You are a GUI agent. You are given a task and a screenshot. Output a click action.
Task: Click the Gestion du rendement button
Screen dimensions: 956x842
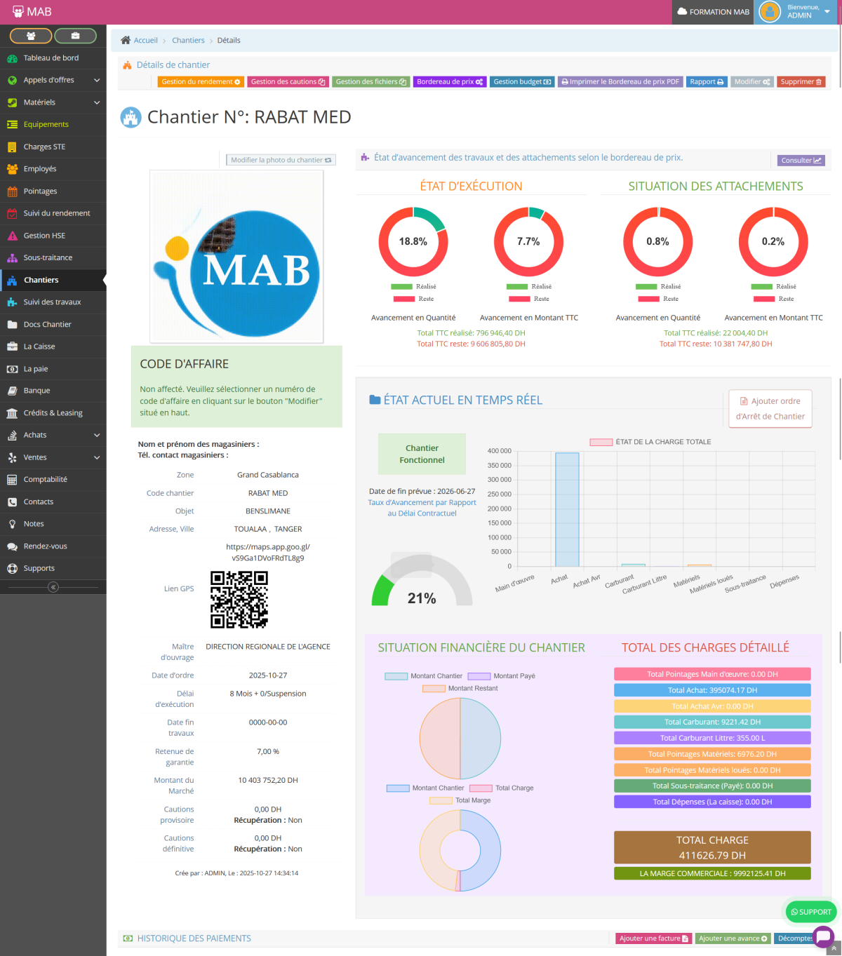201,82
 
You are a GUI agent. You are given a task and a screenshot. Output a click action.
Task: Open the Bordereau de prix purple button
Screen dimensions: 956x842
450,82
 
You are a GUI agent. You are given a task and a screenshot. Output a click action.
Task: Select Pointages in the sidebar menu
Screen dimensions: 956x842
40,191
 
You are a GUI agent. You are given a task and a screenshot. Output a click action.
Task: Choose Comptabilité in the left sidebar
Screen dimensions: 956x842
45,479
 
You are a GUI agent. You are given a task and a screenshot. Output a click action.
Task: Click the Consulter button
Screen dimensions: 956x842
801,161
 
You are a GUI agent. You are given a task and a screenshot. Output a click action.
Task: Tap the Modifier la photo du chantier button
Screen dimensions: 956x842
281,160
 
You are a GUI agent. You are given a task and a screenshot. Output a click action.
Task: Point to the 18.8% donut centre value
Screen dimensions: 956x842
413,241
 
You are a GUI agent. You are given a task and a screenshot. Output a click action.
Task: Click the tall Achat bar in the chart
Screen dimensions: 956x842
567,509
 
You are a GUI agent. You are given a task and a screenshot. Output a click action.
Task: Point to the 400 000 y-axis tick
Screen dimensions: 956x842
500,451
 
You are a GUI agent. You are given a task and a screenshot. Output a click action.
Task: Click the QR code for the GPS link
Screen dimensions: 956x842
239,599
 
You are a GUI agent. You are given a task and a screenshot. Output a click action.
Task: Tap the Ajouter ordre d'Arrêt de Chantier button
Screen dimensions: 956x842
770,408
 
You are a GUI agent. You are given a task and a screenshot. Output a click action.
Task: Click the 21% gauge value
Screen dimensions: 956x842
422,598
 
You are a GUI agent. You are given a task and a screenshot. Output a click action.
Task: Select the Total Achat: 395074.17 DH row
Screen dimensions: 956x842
712,690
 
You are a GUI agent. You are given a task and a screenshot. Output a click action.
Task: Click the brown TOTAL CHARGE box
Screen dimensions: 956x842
712,847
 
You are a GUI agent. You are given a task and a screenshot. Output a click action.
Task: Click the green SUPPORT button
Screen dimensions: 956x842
810,912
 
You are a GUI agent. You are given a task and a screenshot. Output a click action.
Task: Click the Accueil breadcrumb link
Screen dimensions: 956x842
145,41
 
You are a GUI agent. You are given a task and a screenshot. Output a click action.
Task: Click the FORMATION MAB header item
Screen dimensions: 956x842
714,12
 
